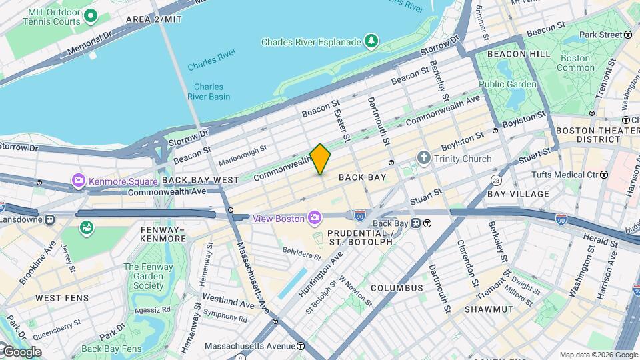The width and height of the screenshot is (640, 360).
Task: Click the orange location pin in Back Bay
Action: pos(320,159)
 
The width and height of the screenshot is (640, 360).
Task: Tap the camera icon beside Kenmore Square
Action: pos(79,181)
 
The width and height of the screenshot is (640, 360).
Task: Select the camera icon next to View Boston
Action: pos(314,217)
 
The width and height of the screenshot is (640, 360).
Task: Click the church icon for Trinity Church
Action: pos(423,159)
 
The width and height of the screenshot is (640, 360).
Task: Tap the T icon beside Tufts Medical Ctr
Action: pos(603,175)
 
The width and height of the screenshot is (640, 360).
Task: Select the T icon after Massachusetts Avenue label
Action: pos(301,346)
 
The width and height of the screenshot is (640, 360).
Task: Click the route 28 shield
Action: pos(496,180)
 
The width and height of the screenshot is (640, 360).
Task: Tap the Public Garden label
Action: pos(507,85)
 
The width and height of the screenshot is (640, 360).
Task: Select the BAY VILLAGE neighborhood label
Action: pos(518,194)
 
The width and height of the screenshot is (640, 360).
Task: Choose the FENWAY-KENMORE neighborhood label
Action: pos(154,234)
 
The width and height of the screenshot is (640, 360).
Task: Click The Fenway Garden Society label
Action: pos(143,276)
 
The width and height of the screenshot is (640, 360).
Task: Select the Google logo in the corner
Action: pos(21,351)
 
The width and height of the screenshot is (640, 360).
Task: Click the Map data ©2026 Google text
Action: pos(598,355)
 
